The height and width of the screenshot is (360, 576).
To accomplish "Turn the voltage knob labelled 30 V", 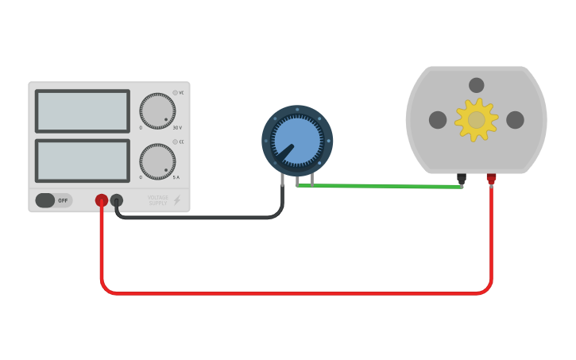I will (x=157, y=111).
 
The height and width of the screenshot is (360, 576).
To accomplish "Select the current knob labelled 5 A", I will (x=157, y=161).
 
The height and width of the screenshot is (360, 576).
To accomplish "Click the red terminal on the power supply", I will (x=102, y=200).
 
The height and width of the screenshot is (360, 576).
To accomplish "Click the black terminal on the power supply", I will (x=117, y=200).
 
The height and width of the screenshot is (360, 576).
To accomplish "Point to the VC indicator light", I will (x=175, y=92).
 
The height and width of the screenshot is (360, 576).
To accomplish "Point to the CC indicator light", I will (x=175, y=142).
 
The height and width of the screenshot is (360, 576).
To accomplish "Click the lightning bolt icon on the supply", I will (x=176, y=200).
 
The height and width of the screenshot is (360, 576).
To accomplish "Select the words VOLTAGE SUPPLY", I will (x=158, y=200).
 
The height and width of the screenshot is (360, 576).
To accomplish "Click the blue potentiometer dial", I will (x=297, y=141).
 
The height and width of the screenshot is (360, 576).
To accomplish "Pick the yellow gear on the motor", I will (x=476, y=120).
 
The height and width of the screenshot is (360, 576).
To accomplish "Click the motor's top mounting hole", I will (x=476, y=85).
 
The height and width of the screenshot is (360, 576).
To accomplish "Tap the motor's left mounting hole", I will (x=438, y=120).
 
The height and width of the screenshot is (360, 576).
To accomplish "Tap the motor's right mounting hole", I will (x=515, y=120).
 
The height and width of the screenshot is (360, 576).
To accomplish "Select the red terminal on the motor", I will (x=491, y=178).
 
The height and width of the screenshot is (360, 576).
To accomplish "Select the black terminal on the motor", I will (x=461, y=179).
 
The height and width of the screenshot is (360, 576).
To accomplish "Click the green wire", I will (x=381, y=186).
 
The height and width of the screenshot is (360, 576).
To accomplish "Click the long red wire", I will (x=294, y=292).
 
